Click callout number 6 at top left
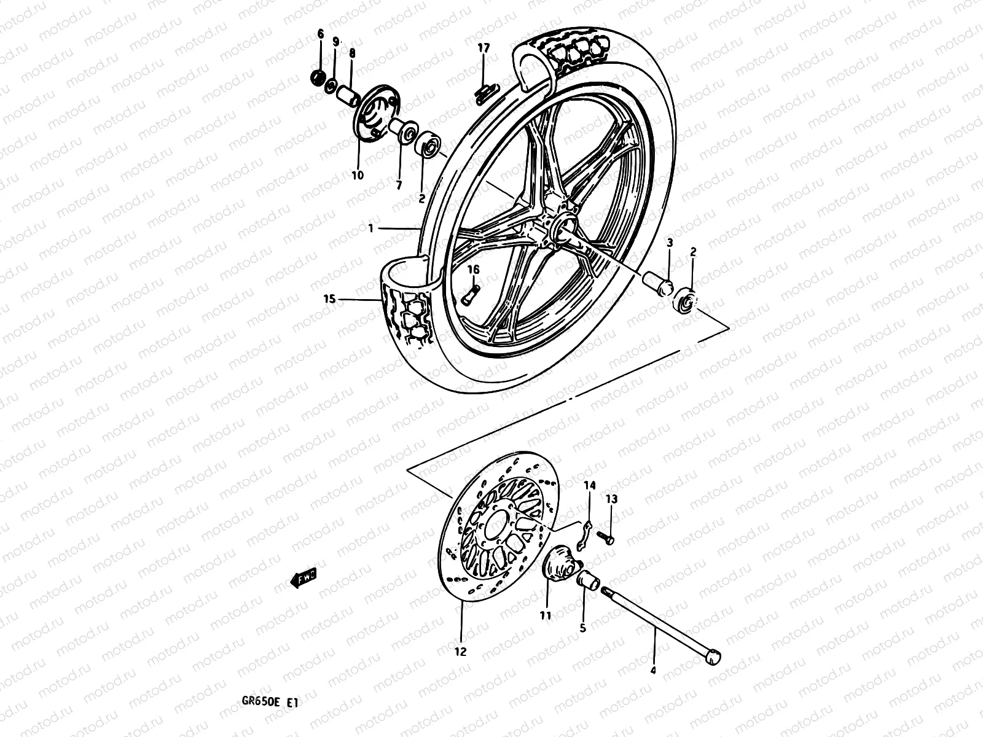pyautogui.click(x=319, y=34)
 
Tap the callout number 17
pyautogui.click(x=484, y=47)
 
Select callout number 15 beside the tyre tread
pyautogui.click(x=329, y=299)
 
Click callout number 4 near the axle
pyautogui.click(x=653, y=671)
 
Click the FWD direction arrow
pyautogui.click(x=303, y=579)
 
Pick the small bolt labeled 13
pyautogui.click(x=608, y=539)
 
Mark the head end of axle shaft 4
pyautogui.click(x=712, y=657)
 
